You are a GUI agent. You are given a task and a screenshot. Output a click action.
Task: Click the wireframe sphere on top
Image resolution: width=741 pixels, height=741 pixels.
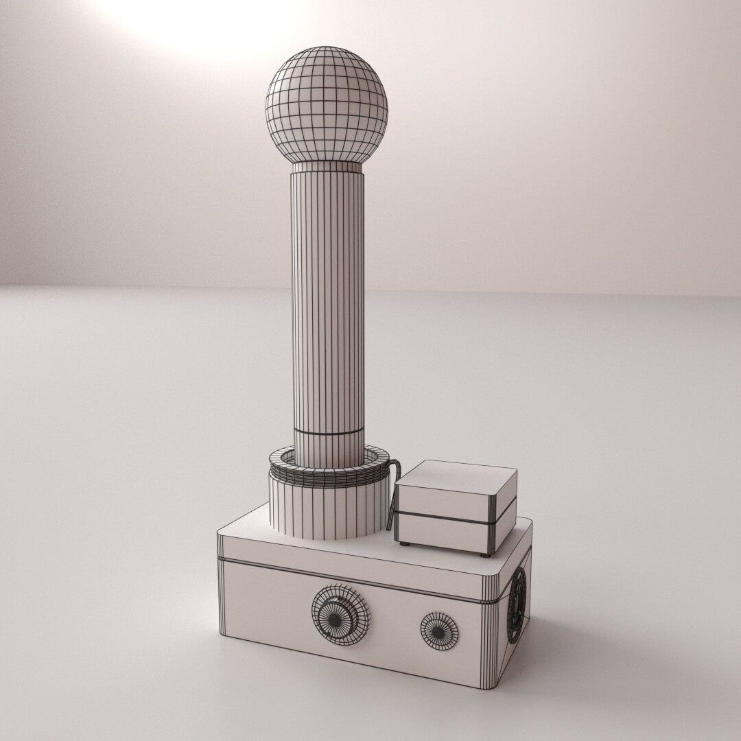tap(327, 104)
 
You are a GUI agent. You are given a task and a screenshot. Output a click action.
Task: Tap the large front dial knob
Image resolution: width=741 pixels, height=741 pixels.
tap(340, 614)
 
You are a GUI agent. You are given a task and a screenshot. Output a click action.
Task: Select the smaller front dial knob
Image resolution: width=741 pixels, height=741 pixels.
tap(439, 631)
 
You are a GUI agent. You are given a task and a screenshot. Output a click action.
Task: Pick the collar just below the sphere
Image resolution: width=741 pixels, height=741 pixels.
tap(327, 167)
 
